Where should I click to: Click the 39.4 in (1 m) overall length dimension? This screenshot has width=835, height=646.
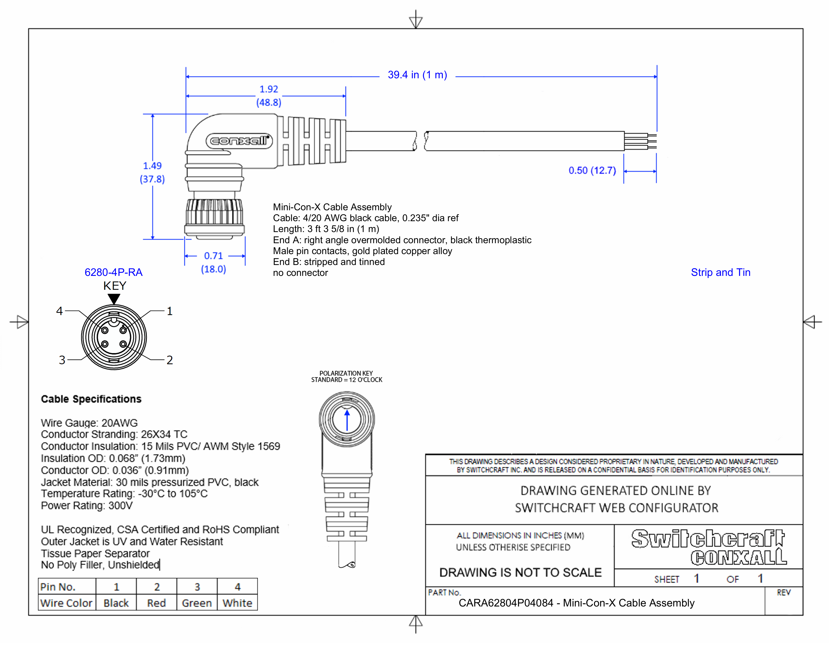tap(417, 75)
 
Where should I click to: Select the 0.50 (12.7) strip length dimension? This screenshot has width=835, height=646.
tap(592, 171)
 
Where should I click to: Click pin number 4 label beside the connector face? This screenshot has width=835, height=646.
tap(59, 311)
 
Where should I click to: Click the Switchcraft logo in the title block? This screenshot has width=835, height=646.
tap(708, 539)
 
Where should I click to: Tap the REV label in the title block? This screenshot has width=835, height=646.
tap(783, 593)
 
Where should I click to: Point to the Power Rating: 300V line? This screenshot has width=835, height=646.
tap(87, 506)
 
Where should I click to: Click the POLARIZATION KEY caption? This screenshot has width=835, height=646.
tap(346, 373)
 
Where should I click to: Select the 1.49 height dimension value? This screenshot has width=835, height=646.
tap(152, 166)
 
